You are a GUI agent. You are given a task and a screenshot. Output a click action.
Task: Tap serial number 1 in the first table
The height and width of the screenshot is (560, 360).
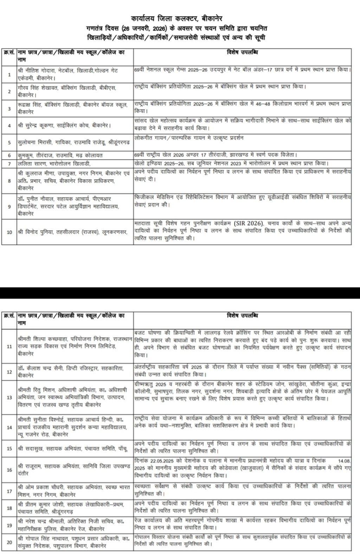coord(9,75)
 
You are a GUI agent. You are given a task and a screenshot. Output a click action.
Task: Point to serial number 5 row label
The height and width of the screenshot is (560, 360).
coord(9,142)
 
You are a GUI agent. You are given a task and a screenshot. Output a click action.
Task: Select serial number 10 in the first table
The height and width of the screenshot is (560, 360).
coord(9,232)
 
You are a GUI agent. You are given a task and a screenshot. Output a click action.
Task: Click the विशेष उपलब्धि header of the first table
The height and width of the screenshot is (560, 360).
coord(243,52)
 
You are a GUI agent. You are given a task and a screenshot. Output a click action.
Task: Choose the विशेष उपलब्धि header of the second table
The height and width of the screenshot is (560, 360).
coord(243,316)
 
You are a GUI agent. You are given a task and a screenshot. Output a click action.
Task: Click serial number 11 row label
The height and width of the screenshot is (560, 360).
coord(9,347)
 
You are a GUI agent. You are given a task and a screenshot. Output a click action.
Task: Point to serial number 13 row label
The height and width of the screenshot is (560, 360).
coord(9,398)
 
